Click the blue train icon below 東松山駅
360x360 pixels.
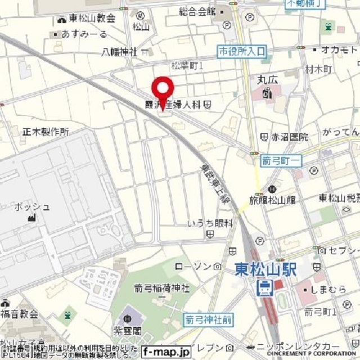(x=264, y=288)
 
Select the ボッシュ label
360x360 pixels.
(x=33, y=206)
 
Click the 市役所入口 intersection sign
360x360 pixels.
(x=241, y=52)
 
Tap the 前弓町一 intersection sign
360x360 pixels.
(x=281, y=161)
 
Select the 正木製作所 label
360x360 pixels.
(x=46, y=132)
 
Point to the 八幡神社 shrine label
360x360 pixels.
(x=120, y=52)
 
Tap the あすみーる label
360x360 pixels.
(x=84, y=34)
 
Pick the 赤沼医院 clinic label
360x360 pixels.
(x=291, y=137)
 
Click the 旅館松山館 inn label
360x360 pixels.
(x=272, y=199)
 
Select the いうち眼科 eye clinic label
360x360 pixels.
(x=210, y=223)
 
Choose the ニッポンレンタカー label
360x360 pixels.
(x=298, y=346)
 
